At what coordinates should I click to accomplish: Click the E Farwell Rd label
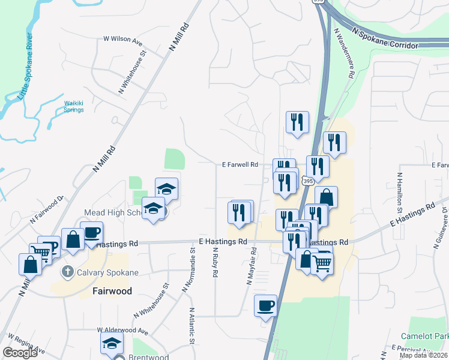(x=240, y=164)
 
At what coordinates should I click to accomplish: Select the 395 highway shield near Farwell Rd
(x=307, y=181)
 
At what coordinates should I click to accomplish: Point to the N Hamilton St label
(x=399, y=194)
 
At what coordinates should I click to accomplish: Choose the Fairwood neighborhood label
(x=112, y=291)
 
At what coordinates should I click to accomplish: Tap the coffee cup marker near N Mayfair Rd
(x=265, y=307)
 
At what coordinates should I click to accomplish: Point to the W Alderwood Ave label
(x=123, y=331)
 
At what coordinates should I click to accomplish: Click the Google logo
(x=20, y=353)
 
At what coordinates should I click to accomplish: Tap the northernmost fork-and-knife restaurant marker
(x=297, y=122)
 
